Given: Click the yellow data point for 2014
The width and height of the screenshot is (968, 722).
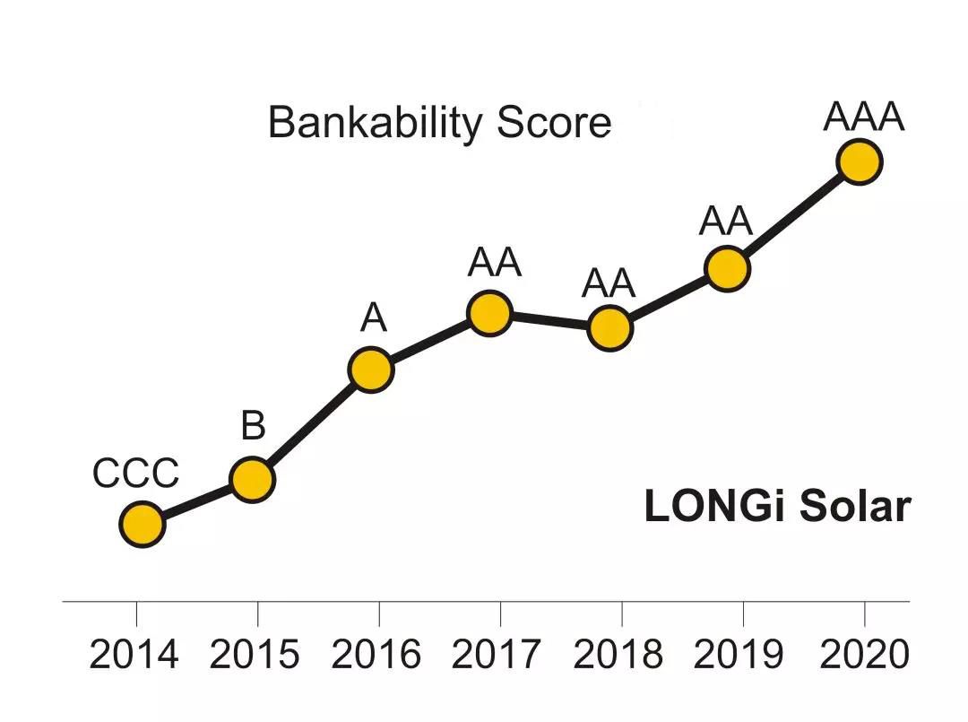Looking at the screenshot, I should pyautogui.click(x=142, y=524).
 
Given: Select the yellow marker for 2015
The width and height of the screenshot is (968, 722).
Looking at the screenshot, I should pyautogui.click(x=252, y=480).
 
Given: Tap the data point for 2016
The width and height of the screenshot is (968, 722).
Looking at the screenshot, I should pyautogui.click(x=371, y=370).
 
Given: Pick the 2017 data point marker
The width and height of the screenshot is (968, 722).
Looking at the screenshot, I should pyautogui.click(x=489, y=313).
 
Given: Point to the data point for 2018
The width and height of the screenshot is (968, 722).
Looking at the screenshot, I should pyautogui.click(x=610, y=327).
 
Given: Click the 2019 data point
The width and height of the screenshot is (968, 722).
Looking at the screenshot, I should pyautogui.click(x=726, y=268).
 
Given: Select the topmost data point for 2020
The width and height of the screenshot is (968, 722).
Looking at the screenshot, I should pyautogui.click(x=860, y=162).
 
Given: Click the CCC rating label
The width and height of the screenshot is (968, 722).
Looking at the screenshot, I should pyautogui.click(x=135, y=474).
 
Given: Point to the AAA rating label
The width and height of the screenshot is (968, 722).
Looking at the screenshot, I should pyautogui.click(x=864, y=118).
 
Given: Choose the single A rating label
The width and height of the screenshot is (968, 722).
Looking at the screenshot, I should pyautogui.click(x=373, y=318).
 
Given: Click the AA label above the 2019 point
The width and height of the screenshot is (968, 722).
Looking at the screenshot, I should pyautogui.click(x=725, y=222).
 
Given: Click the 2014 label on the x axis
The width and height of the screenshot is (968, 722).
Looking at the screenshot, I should pyautogui.click(x=134, y=655).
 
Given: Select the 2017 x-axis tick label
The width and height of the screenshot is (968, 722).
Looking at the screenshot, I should pyautogui.click(x=497, y=655).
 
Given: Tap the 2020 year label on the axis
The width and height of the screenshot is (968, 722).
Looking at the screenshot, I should pyautogui.click(x=865, y=655).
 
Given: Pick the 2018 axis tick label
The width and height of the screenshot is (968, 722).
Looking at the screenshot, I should pyautogui.click(x=618, y=655).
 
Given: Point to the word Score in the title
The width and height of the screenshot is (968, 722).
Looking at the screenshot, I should pyautogui.click(x=554, y=123).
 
